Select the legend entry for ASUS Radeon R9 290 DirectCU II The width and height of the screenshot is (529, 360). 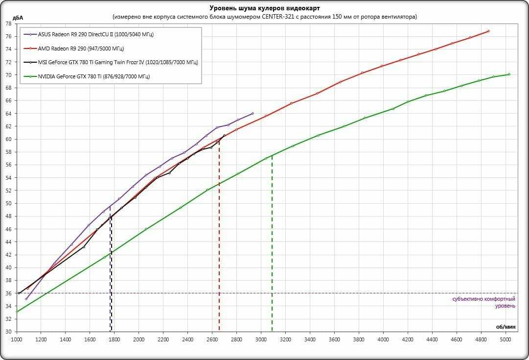pyautogui.click(x=95, y=35)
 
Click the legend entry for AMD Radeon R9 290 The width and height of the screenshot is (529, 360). pyautogui.click(x=80, y=48)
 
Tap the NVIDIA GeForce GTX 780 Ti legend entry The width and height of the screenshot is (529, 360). pyautogui.click(x=93, y=76)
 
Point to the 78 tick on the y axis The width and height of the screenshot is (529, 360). pyautogui.click(x=8, y=24)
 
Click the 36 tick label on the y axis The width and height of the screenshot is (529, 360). pyautogui.click(x=8, y=293)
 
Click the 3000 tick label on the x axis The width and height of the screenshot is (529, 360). pyautogui.click(x=261, y=338)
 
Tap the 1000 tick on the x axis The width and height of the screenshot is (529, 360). pyautogui.click(x=17, y=338)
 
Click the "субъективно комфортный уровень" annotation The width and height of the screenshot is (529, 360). pyautogui.click(x=483, y=302)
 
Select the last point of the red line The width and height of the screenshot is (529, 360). pyautogui.click(x=488, y=31)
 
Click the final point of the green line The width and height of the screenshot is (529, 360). pyautogui.click(x=509, y=74)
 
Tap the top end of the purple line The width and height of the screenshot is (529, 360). pyautogui.click(x=253, y=114)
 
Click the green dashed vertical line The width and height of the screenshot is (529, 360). pyautogui.click(x=272, y=245)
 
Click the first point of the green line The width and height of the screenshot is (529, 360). pyautogui.click(x=17, y=312)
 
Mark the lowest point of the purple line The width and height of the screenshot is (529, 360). pyautogui.click(x=26, y=299)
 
